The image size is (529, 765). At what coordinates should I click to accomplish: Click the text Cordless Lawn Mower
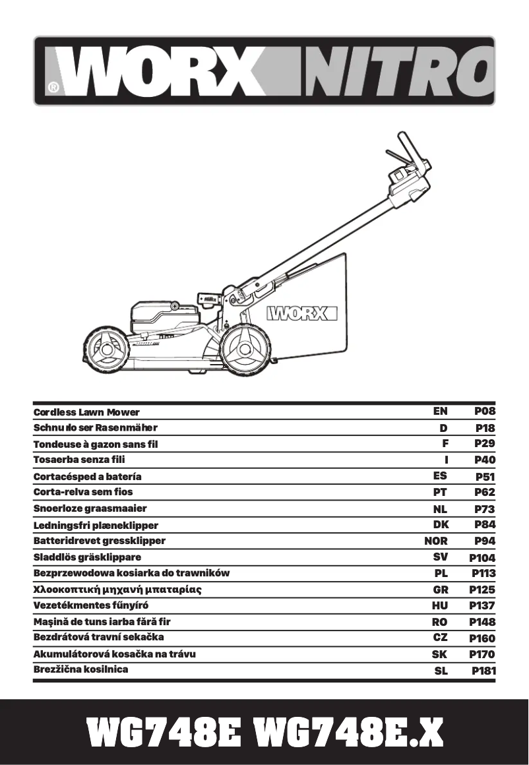point(86,412)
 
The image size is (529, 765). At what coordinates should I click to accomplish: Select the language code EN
point(440,411)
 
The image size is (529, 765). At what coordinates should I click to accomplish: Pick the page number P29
point(485,444)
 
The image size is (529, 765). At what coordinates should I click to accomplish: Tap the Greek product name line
point(117,589)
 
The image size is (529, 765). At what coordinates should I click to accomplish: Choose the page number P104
point(482,558)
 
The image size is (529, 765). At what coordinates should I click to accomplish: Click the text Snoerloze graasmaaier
point(90,508)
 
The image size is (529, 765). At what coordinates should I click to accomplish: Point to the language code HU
point(440,605)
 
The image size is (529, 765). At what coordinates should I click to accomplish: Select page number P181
point(483,671)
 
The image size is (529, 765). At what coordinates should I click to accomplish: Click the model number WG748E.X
point(348,733)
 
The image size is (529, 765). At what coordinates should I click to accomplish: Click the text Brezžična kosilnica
point(80,669)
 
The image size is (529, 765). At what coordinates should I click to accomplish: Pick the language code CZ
point(440,638)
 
